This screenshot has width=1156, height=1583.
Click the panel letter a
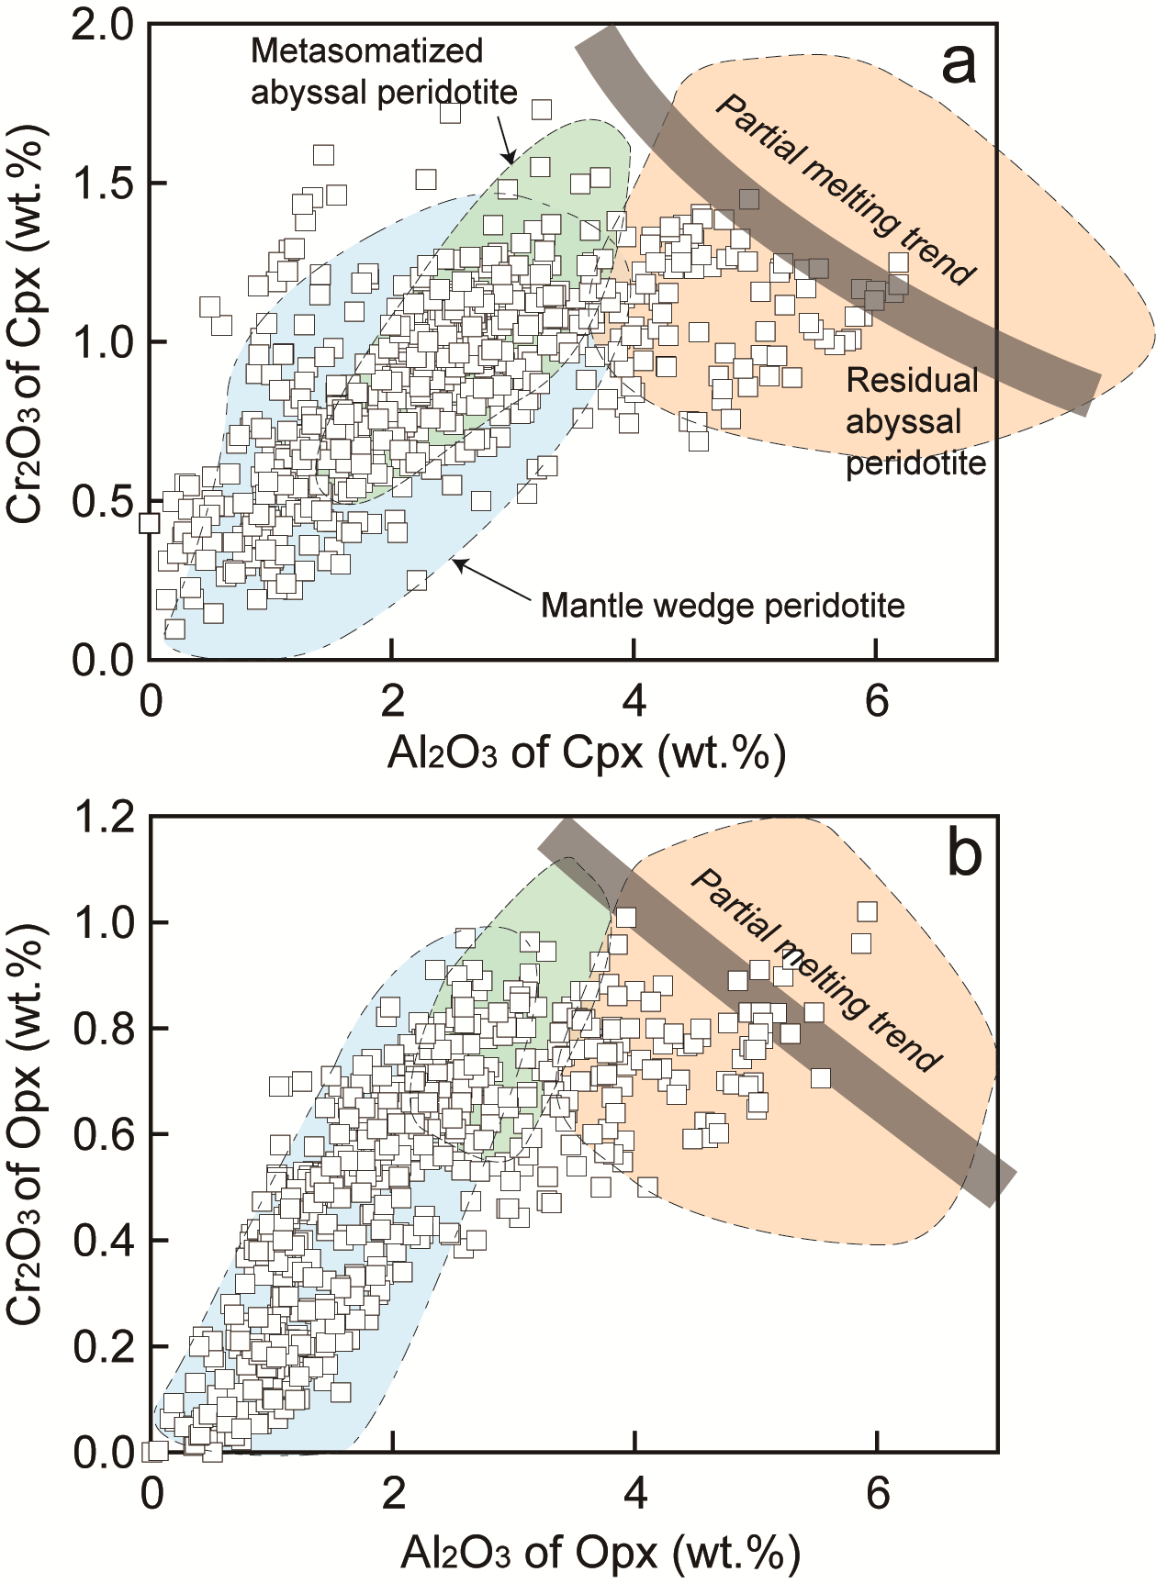click(x=958, y=64)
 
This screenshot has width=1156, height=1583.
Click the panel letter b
click(x=963, y=854)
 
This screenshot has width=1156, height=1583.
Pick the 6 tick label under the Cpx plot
click(x=877, y=702)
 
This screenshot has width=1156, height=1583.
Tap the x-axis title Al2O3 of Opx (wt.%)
click(x=600, y=1553)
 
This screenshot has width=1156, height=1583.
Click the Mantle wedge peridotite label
click(x=723, y=606)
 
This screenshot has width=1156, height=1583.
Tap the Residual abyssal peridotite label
click(x=915, y=422)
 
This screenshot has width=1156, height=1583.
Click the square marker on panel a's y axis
click(x=150, y=524)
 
